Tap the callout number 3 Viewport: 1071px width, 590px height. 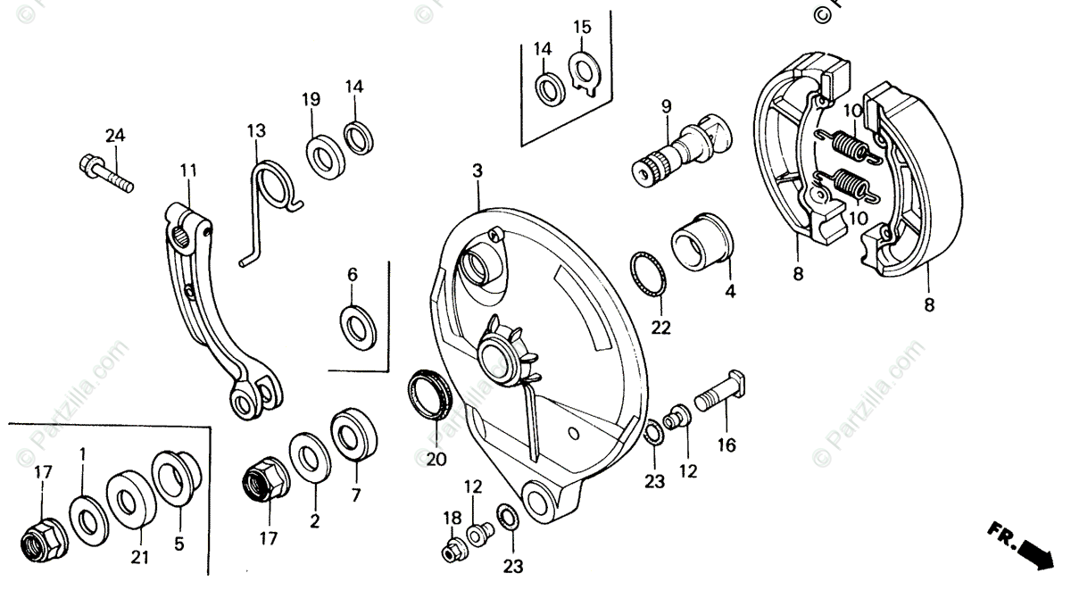[x=477, y=170]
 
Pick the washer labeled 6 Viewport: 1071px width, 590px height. [x=358, y=324]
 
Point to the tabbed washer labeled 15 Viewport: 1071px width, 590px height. [x=585, y=68]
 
